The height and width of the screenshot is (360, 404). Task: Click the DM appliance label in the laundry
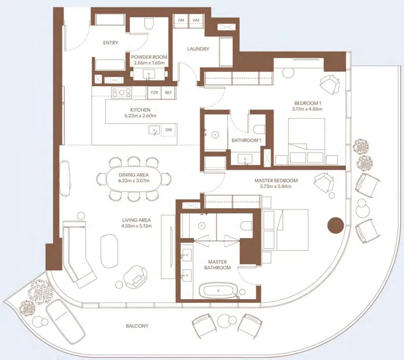pyautogui.click(x=181, y=20)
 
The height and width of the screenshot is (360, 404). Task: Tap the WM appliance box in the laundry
pyautogui.click(x=196, y=20)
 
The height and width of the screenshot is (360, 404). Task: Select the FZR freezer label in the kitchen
pyautogui.click(x=154, y=92)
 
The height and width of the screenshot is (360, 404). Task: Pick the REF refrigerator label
pyautogui.click(x=168, y=92)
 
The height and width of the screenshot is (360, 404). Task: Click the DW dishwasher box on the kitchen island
pyautogui.click(x=168, y=130)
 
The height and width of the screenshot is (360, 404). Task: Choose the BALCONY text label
pyautogui.click(x=138, y=326)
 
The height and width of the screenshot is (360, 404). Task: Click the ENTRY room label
pyautogui.click(x=110, y=43)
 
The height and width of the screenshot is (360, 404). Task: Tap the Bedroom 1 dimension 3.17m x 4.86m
pyautogui.click(x=308, y=109)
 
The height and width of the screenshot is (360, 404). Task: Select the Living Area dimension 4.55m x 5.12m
pyautogui.click(x=136, y=226)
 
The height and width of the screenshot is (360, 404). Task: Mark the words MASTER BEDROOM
pyautogui.click(x=278, y=181)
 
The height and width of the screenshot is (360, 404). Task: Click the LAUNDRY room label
pyautogui.click(x=198, y=49)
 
